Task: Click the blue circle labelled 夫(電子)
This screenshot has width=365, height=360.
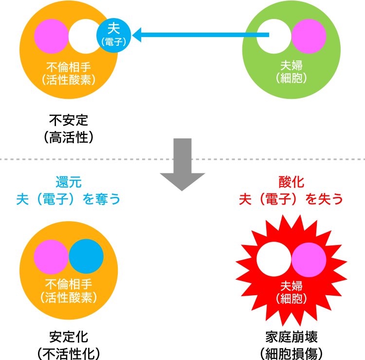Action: [x=113, y=36]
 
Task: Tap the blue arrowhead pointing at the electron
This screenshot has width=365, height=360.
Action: [x=136, y=35]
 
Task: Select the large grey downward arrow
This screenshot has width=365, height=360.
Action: [x=182, y=165]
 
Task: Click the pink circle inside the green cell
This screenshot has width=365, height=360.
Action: [x=309, y=37]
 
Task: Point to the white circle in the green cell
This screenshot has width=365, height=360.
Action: [x=274, y=37]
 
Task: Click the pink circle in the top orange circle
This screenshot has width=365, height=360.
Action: [x=52, y=37]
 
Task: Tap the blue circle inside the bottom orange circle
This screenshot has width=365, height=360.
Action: [x=86, y=256]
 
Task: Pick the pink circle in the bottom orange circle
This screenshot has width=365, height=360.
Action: [x=51, y=257]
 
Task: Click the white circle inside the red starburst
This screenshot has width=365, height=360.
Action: [x=274, y=259]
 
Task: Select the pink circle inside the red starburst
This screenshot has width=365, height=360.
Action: [x=309, y=260]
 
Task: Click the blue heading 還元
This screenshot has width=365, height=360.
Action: [x=69, y=182]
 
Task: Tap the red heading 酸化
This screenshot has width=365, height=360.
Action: [x=292, y=182]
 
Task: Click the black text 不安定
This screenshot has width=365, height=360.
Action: [x=69, y=120]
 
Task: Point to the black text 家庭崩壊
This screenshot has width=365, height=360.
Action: [x=292, y=337]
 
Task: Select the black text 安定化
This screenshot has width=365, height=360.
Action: [x=69, y=337]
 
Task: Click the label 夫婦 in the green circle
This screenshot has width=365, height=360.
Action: [x=292, y=65]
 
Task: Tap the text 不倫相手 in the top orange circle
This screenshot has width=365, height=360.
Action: [x=69, y=67]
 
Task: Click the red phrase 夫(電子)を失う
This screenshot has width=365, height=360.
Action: [x=291, y=199]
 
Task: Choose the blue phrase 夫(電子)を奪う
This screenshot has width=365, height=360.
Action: [x=68, y=199]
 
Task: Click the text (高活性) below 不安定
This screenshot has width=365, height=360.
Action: [x=69, y=137]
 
